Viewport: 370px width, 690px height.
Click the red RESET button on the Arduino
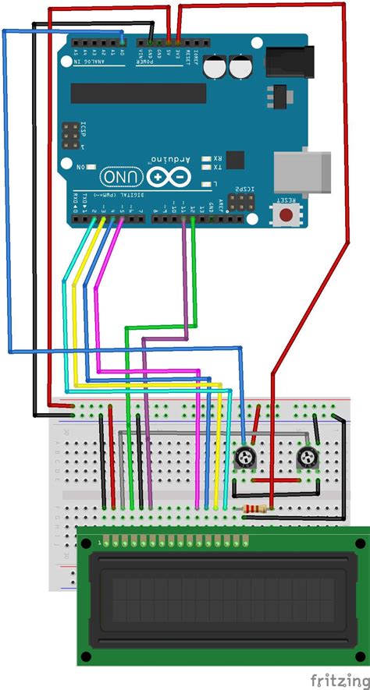tap(286, 213)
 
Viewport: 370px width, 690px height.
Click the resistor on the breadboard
tap(255, 510)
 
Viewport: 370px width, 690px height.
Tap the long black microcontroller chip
tap(138, 94)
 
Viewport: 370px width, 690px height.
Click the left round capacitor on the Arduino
tap(216, 67)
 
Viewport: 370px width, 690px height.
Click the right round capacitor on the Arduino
tap(240, 67)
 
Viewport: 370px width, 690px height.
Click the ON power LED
tap(91, 167)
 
